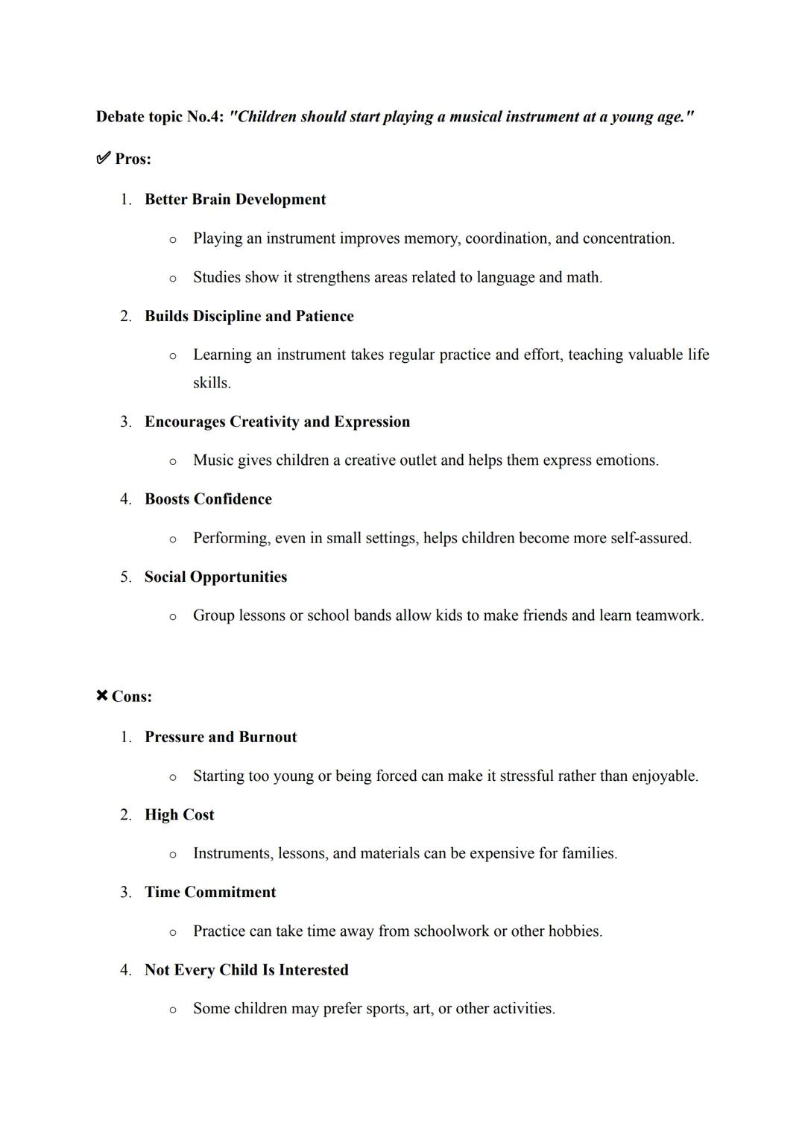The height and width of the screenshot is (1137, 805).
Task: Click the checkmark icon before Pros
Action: point(103,159)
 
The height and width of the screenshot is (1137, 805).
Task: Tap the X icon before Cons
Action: point(102,696)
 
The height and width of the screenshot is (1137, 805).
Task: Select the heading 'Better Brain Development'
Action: point(235,200)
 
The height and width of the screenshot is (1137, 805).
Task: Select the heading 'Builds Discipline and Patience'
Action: point(249,316)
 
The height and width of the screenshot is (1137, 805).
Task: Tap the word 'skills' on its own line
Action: point(210,383)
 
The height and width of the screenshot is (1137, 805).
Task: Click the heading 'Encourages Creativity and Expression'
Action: point(277,422)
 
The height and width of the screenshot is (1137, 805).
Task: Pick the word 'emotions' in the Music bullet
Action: point(628,460)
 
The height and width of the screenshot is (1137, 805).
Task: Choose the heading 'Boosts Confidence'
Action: point(208,499)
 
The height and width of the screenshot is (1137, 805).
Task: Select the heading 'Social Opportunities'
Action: point(215,577)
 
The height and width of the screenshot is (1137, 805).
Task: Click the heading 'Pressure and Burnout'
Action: point(221,737)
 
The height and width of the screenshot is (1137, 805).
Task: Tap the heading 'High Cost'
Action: point(179,814)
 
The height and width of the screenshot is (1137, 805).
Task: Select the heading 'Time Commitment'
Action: point(210,892)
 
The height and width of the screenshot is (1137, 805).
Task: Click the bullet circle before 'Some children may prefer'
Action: point(173,1010)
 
